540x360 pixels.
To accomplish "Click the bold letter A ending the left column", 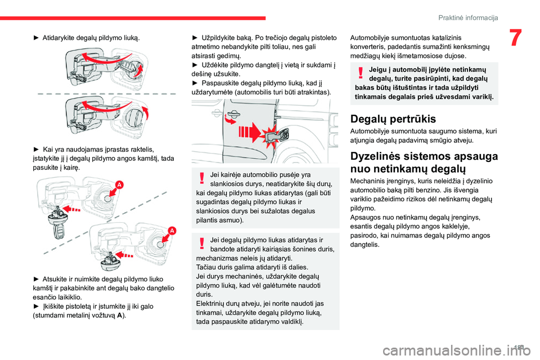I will point(121,315).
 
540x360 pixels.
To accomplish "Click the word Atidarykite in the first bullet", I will point(60,38).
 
